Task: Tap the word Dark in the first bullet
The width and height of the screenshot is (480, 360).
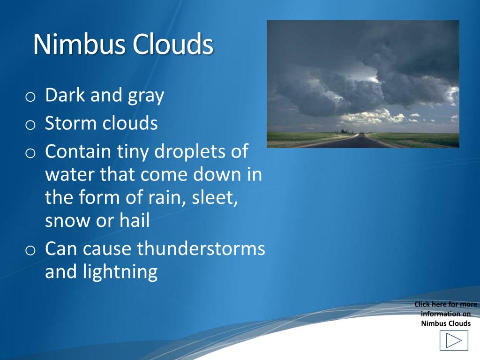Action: (x=65, y=95)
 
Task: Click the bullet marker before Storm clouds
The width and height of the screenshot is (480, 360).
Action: (x=30, y=125)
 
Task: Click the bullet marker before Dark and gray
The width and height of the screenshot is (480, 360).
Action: (x=30, y=97)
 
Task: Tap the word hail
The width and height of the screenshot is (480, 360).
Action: (x=134, y=220)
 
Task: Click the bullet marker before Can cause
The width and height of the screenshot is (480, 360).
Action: (x=30, y=250)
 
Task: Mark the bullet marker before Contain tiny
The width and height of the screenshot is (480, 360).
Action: (x=30, y=153)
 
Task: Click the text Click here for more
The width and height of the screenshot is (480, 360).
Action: (x=445, y=304)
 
